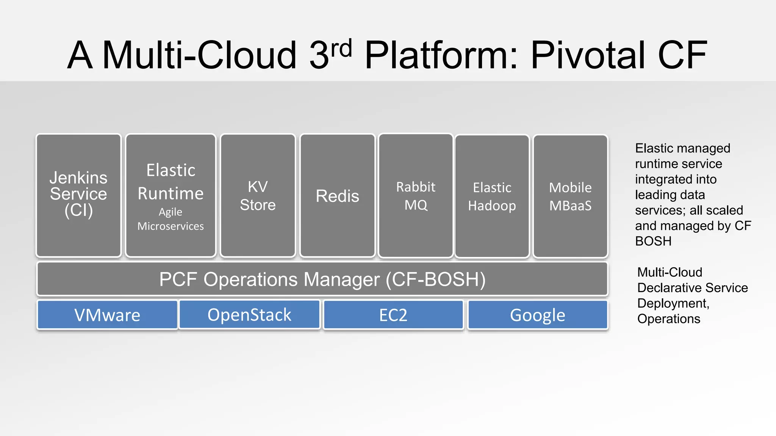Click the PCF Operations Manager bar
[x=322, y=279]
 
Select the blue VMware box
[x=107, y=315]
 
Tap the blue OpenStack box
[x=249, y=315]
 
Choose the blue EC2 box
[x=393, y=315]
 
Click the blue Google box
[x=537, y=315]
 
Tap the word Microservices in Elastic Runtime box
[x=171, y=226]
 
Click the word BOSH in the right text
[x=653, y=241]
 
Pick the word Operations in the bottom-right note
[x=668, y=319]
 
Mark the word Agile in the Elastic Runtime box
[x=171, y=212]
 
